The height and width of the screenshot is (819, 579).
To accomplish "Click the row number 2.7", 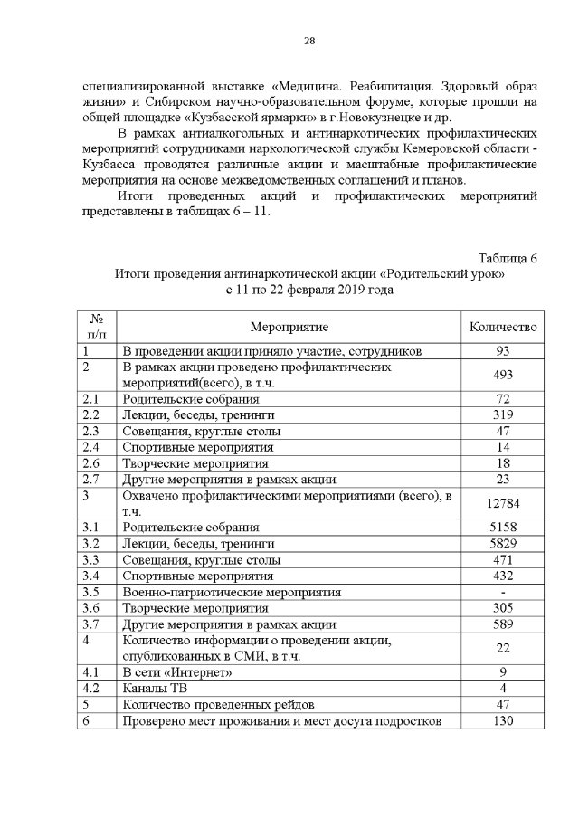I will point(90,479).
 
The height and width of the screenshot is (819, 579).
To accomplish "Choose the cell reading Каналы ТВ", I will point(157,688).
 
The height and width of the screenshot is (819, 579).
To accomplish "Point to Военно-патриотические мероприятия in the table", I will point(231,592).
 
